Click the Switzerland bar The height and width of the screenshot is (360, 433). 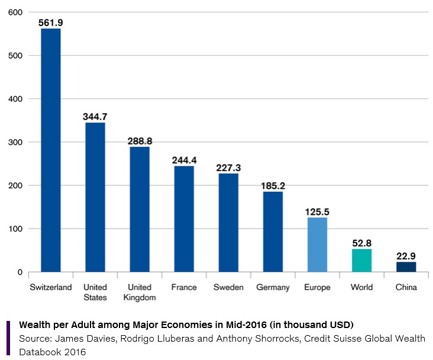point(51,150)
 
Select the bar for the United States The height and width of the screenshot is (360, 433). point(95,197)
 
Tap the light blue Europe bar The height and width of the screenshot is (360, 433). point(317,245)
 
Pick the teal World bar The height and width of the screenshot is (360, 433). point(361,261)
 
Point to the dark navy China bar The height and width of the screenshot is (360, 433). point(406,267)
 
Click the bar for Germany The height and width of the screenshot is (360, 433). point(273,232)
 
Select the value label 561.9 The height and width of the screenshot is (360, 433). point(51,22)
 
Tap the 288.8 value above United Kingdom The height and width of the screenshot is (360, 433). point(140,142)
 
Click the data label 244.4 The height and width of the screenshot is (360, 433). point(184,160)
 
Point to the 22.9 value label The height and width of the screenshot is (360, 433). point(406,256)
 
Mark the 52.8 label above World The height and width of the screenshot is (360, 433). point(361,243)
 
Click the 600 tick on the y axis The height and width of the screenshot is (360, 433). point(16,12)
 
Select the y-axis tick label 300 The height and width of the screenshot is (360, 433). point(16,142)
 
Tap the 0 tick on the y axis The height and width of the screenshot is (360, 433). point(20,272)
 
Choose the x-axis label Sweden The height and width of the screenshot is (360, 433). point(228,287)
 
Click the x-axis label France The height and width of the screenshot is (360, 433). point(184,287)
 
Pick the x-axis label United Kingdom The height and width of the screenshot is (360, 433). point(140,292)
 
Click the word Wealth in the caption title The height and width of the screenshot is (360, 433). point(35,325)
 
